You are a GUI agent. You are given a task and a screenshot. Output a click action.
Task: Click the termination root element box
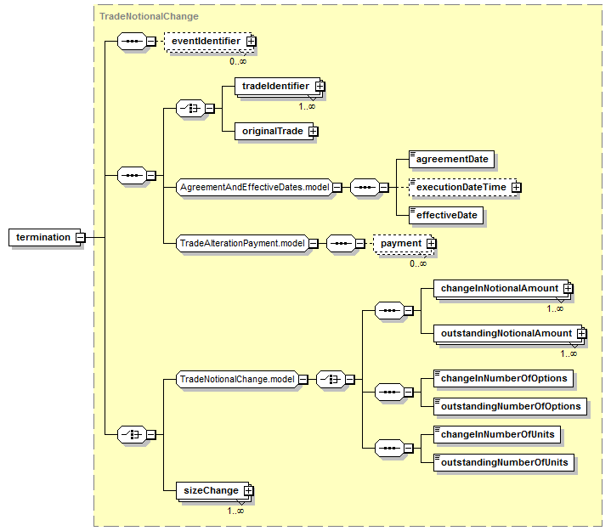click(x=44, y=237)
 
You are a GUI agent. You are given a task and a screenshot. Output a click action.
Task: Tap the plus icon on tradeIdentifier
click(x=320, y=86)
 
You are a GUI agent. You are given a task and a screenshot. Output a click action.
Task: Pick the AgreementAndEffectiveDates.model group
click(x=255, y=188)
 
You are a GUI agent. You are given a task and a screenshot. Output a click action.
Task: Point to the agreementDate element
click(x=451, y=160)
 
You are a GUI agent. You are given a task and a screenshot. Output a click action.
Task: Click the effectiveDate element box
click(x=446, y=216)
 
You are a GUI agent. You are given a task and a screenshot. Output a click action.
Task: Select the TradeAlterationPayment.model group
click(x=242, y=244)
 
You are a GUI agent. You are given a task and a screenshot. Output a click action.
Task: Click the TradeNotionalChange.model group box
click(x=237, y=379)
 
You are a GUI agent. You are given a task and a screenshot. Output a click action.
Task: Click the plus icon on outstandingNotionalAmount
click(x=582, y=334)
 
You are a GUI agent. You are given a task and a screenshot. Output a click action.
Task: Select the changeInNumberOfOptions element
click(x=503, y=379)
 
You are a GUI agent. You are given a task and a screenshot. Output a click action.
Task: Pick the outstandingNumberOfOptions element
click(x=510, y=407)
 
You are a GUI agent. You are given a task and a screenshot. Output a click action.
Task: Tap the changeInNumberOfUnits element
click(x=497, y=435)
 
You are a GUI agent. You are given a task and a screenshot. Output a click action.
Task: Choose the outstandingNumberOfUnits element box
click(x=504, y=463)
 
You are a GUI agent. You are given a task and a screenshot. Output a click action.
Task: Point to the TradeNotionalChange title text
click(x=149, y=16)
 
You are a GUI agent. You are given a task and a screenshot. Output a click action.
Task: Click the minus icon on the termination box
click(x=80, y=237)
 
